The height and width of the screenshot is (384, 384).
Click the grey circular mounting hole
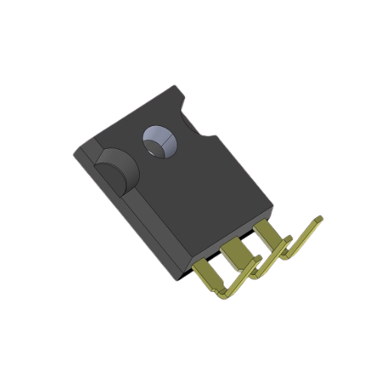pos(159,141)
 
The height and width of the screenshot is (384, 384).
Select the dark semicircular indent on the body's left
pos(115,170)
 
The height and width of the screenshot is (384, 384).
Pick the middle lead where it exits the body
pos(233,247)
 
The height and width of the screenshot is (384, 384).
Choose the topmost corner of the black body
pos(183,87)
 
